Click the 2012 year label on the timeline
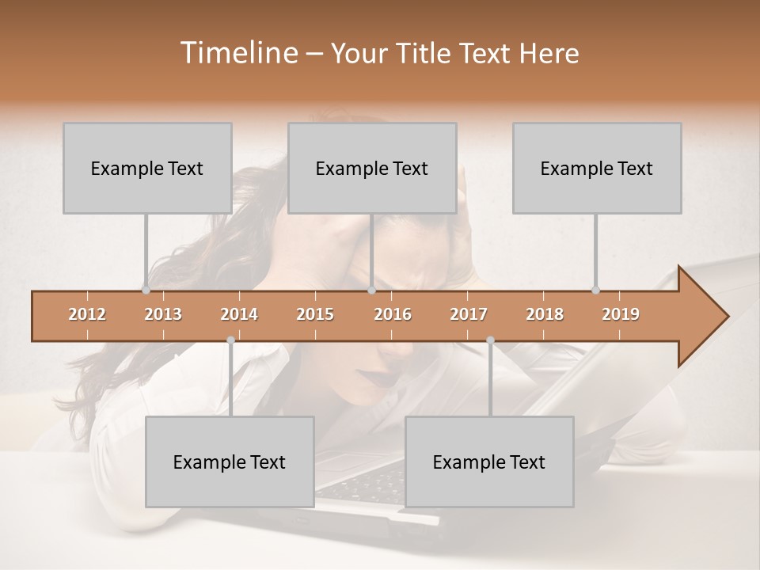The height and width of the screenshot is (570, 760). coord(87,314)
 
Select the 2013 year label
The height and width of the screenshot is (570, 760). coord(163,314)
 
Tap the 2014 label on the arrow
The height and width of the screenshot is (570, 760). coord(239,314)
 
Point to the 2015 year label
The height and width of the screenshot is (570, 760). coord(315,314)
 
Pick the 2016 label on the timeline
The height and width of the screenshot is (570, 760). coord(393,314)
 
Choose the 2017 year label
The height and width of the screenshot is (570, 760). coord(469,314)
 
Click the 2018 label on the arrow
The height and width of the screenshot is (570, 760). coord(545,314)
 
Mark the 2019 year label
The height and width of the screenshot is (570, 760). coord(621,314)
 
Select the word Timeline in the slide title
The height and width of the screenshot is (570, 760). coord(237,53)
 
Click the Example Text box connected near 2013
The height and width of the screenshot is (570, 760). coord(147,168)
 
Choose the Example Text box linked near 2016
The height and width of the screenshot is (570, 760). coord(372,168)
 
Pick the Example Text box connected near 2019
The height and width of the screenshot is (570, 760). coord(597,168)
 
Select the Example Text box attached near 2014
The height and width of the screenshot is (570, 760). coord(230,462)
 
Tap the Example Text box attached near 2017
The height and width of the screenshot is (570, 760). coord(489,462)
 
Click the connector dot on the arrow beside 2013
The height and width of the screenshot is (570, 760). coord(146,290)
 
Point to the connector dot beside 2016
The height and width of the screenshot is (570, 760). coord(371,290)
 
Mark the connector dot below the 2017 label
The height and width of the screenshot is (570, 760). coord(490,340)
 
